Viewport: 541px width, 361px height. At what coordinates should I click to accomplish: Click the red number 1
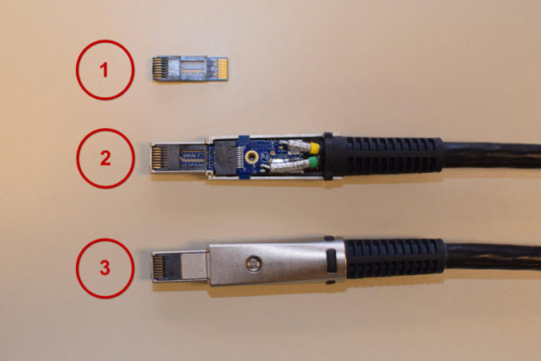click(x=104, y=70)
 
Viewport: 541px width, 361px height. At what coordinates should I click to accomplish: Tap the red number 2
click(x=105, y=158)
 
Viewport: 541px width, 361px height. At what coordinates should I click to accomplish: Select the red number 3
click(x=105, y=268)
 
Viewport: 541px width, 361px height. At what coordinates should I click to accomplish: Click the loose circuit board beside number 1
click(x=189, y=69)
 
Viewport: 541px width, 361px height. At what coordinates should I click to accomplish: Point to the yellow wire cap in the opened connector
click(x=315, y=148)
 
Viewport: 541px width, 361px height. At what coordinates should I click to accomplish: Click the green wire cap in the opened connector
click(x=313, y=162)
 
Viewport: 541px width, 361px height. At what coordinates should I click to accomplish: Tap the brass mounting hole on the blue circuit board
click(x=252, y=158)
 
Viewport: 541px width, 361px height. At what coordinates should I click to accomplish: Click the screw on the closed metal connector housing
click(x=253, y=264)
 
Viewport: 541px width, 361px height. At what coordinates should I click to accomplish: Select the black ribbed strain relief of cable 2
click(x=383, y=155)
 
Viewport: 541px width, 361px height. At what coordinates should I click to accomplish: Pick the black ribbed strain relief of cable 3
click(x=396, y=258)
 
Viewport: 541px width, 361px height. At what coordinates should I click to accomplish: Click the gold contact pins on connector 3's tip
click(x=158, y=267)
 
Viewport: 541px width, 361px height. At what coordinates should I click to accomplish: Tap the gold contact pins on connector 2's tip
click(x=157, y=158)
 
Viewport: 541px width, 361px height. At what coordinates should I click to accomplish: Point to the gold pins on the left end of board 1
click(x=158, y=69)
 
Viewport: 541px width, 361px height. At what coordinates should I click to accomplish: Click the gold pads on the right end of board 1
click(x=223, y=69)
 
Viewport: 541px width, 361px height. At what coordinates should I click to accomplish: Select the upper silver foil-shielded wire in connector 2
click(x=294, y=147)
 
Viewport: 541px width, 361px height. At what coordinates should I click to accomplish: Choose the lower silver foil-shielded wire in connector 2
click(x=289, y=165)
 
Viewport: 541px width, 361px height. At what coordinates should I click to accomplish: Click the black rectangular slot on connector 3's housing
click(x=331, y=260)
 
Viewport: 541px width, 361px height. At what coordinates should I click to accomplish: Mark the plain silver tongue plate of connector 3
click(x=194, y=266)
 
